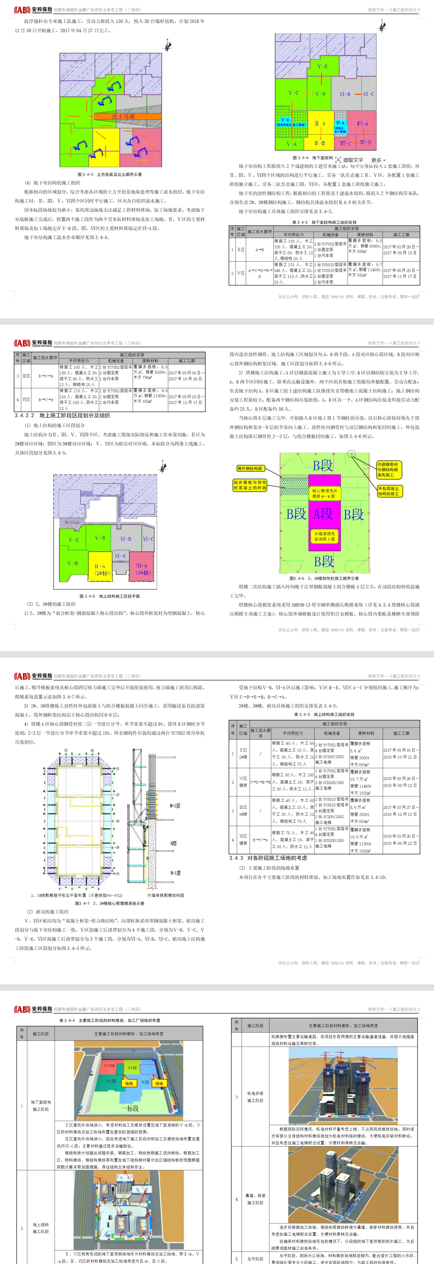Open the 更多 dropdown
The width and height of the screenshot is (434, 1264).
pyautogui.click(x=378, y=160)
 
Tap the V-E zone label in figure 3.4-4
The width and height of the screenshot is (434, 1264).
pyautogui.click(x=322, y=67)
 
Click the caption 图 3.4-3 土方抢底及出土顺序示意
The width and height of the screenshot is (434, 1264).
pyautogui.click(x=109, y=174)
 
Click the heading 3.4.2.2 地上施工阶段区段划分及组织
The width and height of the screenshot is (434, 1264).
pyautogui.click(x=62, y=416)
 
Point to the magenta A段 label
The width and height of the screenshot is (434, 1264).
pyautogui.click(x=323, y=514)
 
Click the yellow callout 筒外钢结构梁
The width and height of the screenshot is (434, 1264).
pyautogui.click(x=250, y=469)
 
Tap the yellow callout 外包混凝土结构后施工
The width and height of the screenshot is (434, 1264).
pyautogui.click(x=389, y=491)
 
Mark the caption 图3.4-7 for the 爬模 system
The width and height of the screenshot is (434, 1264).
pyautogui.click(x=109, y=903)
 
